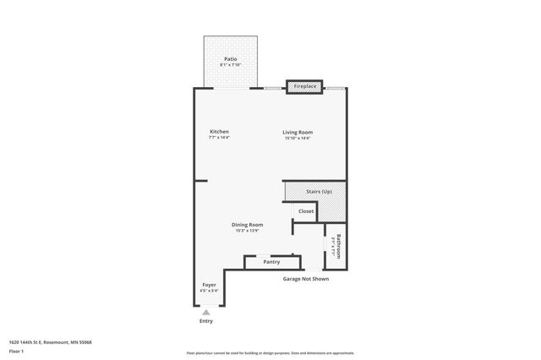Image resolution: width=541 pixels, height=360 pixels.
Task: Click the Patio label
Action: (230, 58)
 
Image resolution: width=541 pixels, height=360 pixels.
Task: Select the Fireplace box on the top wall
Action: (304, 86)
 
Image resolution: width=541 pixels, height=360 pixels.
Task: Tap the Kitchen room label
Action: (220, 132)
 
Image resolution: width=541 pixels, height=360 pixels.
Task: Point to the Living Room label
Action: (298, 132)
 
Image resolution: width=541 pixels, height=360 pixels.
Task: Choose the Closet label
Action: (305, 211)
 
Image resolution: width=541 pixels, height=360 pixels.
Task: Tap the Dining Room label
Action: (248, 225)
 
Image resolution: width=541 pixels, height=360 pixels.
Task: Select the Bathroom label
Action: (339, 246)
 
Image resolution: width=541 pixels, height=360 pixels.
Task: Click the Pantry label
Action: (271, 262)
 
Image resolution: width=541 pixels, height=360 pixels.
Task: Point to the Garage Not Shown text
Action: (305, 278)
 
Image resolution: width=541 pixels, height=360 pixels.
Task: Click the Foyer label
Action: (208, 285)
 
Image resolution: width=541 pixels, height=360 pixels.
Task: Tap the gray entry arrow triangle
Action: (206, 312)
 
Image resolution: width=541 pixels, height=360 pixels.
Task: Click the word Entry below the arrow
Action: (206, 321)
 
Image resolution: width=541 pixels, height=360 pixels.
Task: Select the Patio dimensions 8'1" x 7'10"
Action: (230, 65)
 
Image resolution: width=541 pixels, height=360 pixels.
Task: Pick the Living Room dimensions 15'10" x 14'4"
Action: (298, 138)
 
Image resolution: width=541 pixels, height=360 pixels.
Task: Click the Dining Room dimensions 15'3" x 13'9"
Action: (248, 231)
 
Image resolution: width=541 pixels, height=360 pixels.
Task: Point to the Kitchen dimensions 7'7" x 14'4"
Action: (220, 138)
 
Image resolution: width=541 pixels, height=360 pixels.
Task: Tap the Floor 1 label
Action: (16, 351)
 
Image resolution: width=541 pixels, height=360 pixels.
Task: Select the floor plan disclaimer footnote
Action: (270, 353)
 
